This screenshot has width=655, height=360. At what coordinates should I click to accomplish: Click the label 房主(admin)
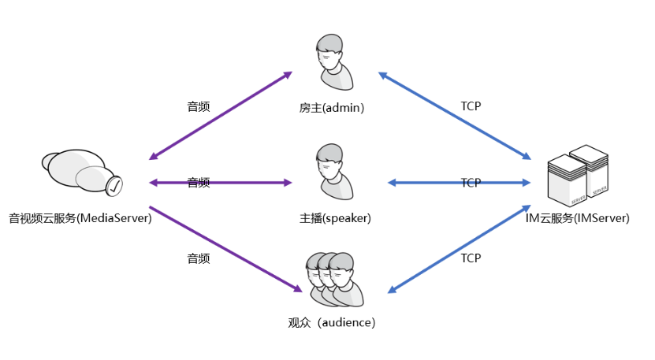tap(332, 107)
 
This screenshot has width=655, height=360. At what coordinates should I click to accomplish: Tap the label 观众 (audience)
tap(332, 322)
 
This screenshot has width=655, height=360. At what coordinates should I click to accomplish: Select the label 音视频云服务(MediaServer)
tap(80, 218)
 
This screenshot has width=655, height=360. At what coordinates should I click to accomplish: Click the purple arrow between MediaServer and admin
tap(221, 116)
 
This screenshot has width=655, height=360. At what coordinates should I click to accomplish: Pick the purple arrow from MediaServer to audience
tap(221, 247)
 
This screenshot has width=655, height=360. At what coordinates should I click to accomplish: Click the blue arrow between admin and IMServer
tap(455, 116)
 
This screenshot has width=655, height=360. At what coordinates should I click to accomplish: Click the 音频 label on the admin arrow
tap(199, 106)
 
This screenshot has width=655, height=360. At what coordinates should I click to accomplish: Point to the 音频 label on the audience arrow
tap(199, 258)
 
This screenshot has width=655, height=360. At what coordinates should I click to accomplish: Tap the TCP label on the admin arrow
tap(471, 106)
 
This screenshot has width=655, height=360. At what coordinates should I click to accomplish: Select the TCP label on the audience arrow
tap(471, 258)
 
